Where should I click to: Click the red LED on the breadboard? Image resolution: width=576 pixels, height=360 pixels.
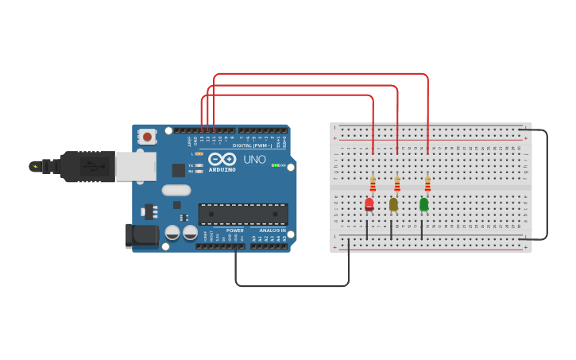[x=369, y=204]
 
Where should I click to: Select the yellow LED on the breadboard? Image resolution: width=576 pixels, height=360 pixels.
[x=393, y=204]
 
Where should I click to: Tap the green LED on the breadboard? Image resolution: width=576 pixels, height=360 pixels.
[x=423, y=204]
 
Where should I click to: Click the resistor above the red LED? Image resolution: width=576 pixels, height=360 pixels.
[x=373, y=184]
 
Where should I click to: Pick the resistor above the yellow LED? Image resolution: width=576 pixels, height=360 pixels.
[x=397, y=184]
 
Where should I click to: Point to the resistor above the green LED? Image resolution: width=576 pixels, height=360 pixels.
[x=427, y=184]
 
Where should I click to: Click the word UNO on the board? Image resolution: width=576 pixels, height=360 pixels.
[x=254, y=159]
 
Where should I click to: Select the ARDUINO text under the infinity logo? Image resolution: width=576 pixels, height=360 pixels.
[x=222, y=169]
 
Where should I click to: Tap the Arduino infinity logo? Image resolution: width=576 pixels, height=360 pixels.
[x=222, y=159]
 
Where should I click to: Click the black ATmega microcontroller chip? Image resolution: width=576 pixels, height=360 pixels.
[x=243, y=214]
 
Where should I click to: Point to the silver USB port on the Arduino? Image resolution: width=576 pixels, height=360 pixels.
[x=136, y=166]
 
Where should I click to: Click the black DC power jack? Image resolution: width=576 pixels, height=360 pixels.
[x=142, y=234]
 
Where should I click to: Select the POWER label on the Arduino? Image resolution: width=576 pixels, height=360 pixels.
[x=235, y=230]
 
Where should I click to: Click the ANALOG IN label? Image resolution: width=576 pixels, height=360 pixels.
[x=273, y=230]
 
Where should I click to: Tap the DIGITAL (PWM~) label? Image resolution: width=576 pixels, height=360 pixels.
[x=253, y=145]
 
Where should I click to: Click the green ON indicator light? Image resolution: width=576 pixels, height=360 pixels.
[x=275, y=165]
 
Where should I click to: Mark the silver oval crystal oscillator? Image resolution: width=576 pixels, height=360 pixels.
[x=176, y=190]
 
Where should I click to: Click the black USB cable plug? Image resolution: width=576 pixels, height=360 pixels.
[x=87, y=167]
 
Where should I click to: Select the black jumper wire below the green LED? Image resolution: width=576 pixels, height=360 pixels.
[x=422, y=229]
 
